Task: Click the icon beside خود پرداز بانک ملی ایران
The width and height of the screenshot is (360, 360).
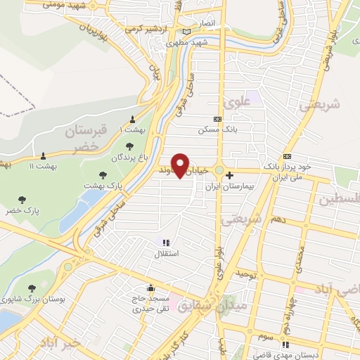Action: [x=286, y=156]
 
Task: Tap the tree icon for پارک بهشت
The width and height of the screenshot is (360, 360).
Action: [x=103, y=174]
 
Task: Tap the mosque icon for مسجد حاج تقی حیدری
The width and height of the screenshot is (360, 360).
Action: [x=150, y=288]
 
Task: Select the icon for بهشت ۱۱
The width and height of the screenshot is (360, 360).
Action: [x=43, y=155]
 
